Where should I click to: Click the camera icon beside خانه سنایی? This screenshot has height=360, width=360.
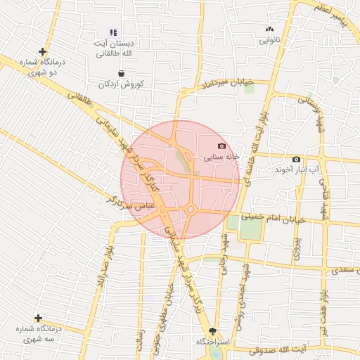point(222,146)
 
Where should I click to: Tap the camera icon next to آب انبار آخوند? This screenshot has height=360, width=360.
point(295,160)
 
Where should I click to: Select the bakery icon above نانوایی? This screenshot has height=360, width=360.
point(269,30)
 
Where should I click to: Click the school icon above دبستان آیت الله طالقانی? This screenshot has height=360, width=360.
point(113,32)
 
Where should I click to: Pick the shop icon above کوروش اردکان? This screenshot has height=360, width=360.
point(122,72)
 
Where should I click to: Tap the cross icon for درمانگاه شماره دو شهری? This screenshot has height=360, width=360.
point(43,51)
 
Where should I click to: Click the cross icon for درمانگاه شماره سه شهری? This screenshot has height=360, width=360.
point(38,319)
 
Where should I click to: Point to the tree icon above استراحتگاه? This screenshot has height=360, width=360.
point(213,330)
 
